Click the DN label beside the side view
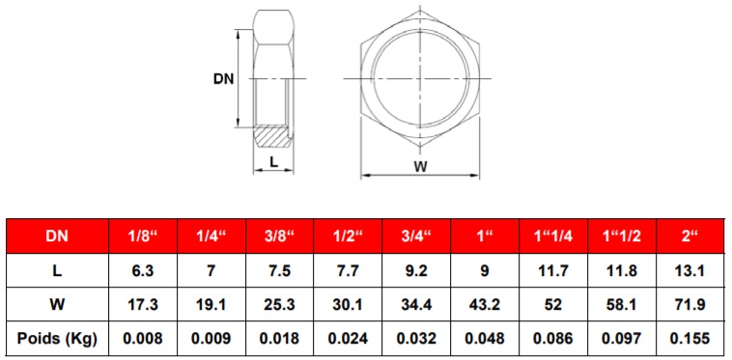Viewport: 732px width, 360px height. pyautogui.click(x=224, y=79)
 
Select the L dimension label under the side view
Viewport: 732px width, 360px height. pyautogui.click(x=274, y=162)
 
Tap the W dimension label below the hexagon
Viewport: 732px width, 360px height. pyautogui.click(x=421, y=166)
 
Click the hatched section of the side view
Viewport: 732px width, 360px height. pyautogui.click(x=272, y=136)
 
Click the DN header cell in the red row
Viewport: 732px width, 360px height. pyautogui.click(x=57, y=235)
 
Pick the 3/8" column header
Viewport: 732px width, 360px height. pyautogui.click(x=280, y=235)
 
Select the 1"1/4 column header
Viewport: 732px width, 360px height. pyautogui.click(x=553, y=235)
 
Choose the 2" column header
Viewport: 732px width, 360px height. pyautogui.click(x=690, y=235)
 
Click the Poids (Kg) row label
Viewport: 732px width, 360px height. pyautogui.click(x=57, y=338)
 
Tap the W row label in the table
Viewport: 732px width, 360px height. pyautogui.click(x=57, y=305)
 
